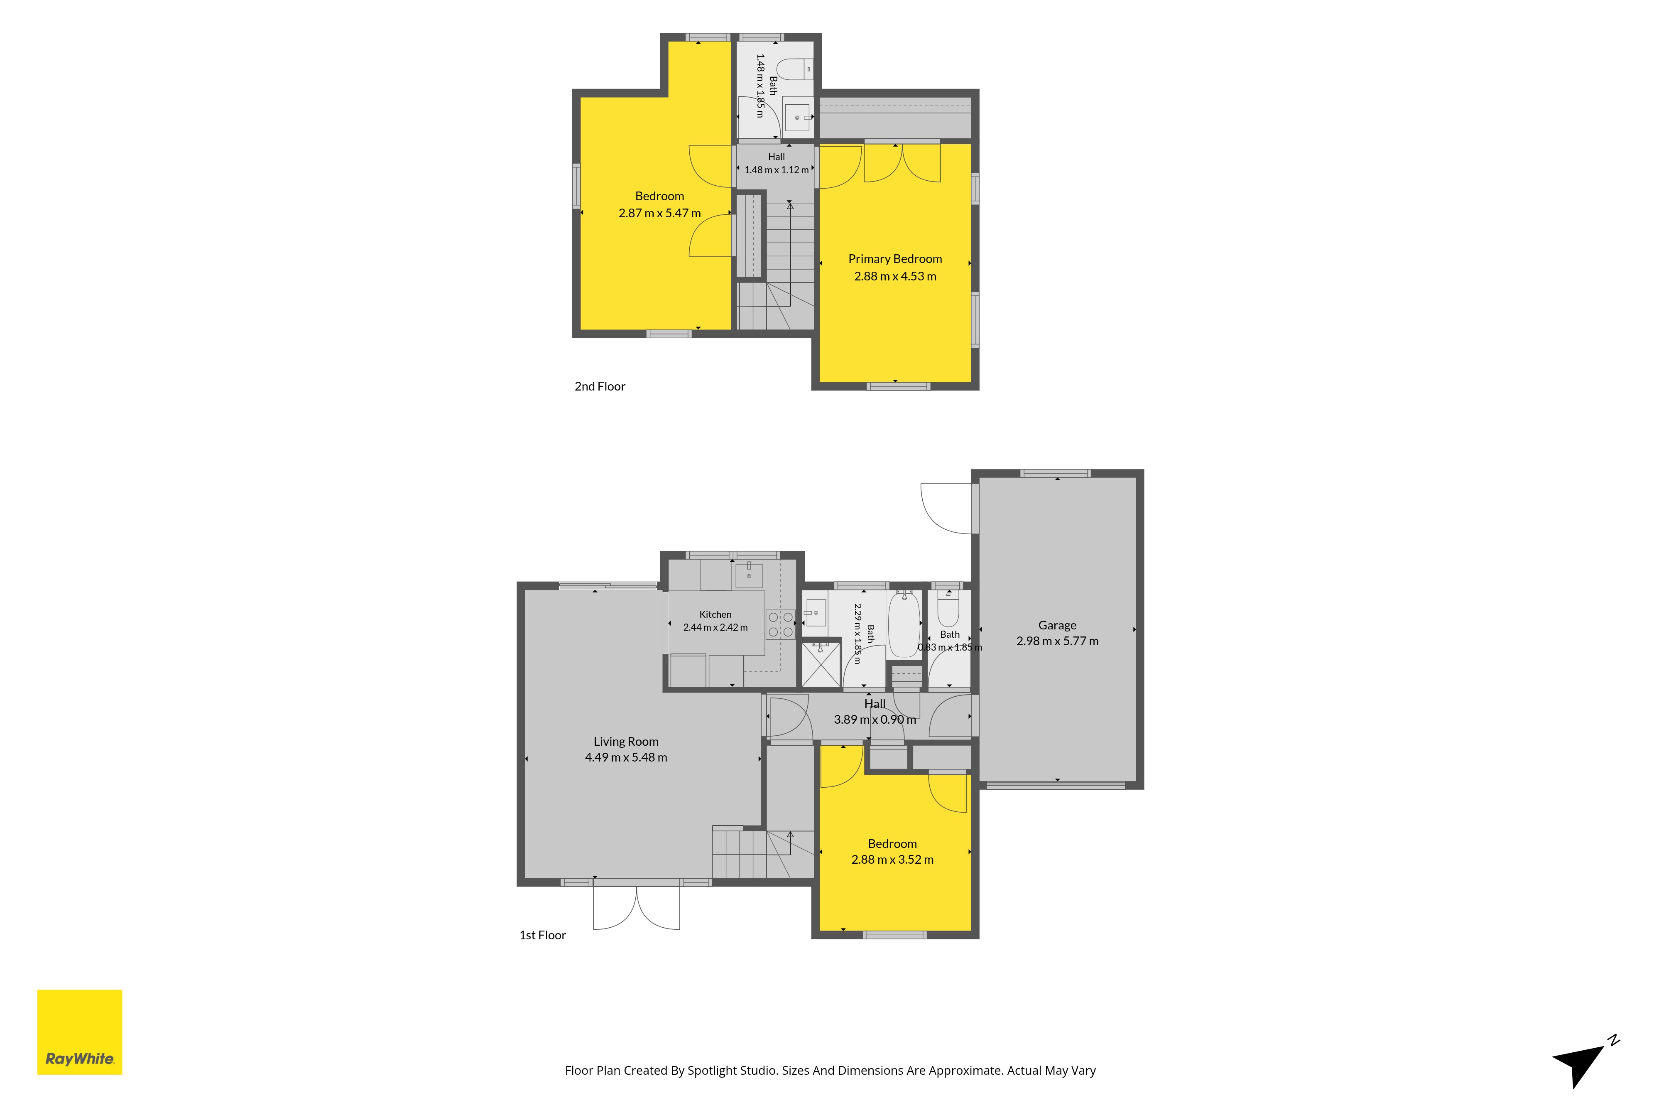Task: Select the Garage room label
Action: click(1057, 625)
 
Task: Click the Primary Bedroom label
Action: click(895, 259)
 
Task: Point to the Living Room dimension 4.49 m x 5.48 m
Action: click(626, 757)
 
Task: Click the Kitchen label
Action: click(715, 615)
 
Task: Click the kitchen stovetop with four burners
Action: click(780, 625)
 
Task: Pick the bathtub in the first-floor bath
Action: click(904, 625)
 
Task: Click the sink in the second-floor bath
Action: click(797, 117)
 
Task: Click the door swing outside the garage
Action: click(946, 508)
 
